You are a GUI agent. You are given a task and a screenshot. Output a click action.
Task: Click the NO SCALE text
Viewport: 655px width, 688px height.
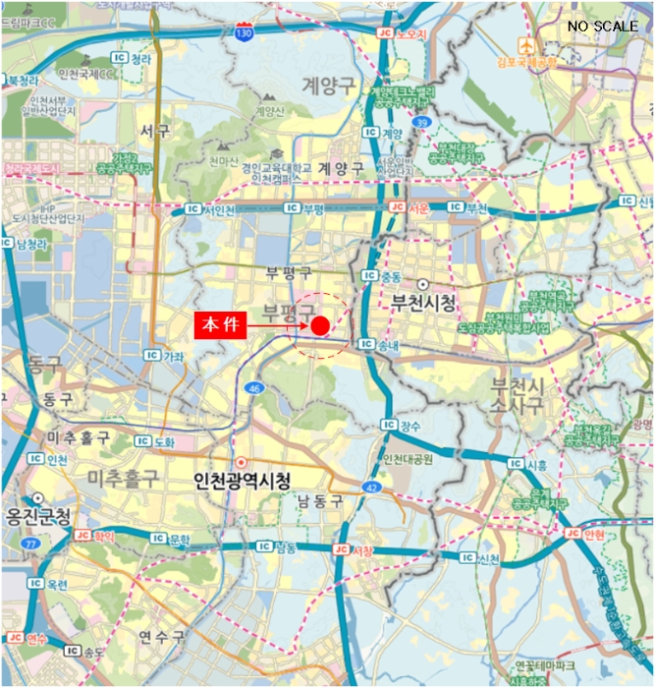(602, 26)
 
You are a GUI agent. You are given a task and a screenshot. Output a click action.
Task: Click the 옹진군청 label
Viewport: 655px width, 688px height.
(36, 516)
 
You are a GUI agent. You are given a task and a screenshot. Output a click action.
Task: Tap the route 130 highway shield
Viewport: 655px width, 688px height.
(244, 33)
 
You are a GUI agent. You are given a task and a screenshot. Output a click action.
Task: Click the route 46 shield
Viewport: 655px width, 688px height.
(255, 389)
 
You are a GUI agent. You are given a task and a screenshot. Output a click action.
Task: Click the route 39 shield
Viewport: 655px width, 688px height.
(422, 122)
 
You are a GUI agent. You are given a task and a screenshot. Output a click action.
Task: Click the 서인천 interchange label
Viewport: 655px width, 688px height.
(213, 208)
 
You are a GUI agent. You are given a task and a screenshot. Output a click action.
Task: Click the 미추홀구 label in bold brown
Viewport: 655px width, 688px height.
(123, 478)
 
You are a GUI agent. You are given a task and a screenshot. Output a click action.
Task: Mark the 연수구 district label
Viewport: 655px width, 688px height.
(161, 637)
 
